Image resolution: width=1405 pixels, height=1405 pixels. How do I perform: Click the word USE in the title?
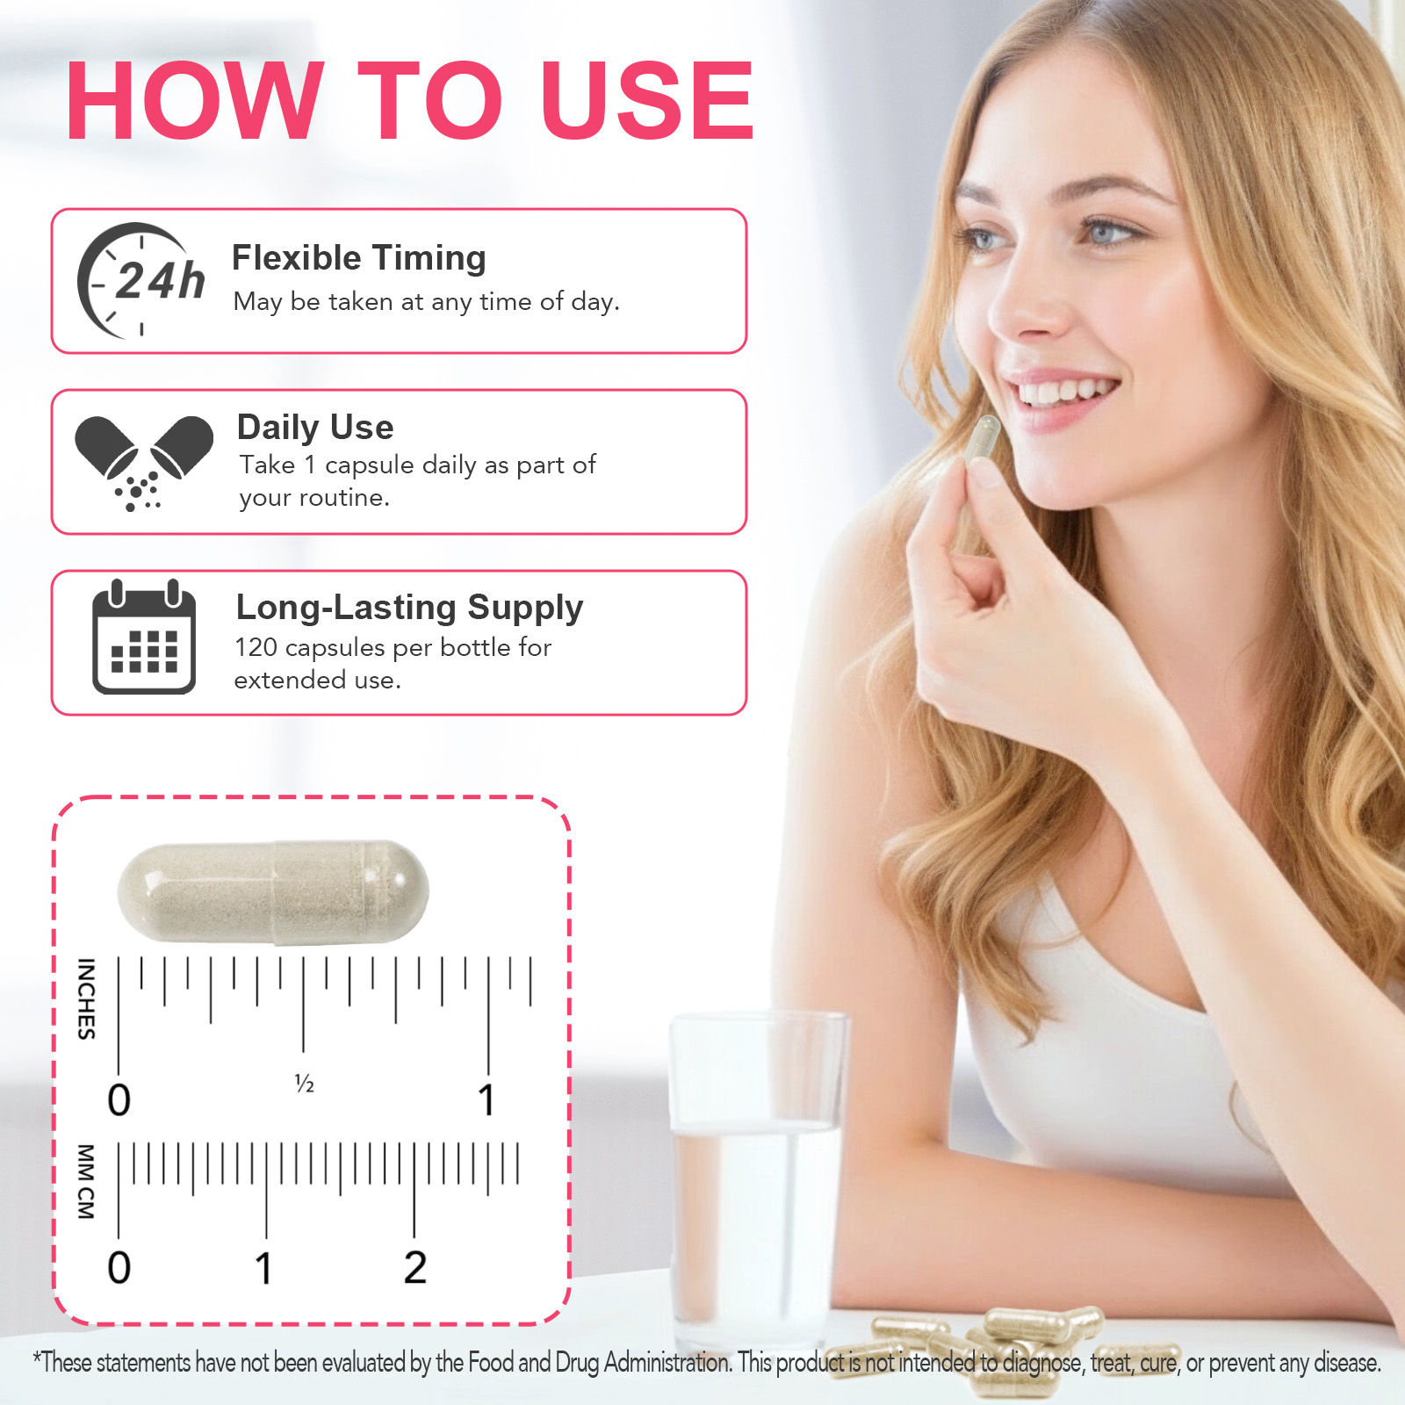(x=647, y=101)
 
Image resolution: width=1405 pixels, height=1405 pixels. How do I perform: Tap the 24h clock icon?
(x=140, y=281)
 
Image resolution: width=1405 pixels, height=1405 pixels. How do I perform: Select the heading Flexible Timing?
(x=358, y=258)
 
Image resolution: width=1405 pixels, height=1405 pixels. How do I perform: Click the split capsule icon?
(x=143, y=460)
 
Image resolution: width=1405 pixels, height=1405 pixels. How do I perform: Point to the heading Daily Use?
(x=315, y=428)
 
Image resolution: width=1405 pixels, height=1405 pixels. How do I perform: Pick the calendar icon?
(x=144, y=638)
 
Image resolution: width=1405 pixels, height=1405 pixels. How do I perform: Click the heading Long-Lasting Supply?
(x=409, y=608)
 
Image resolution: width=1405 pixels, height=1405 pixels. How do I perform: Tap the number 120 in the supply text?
(x=256, y=648)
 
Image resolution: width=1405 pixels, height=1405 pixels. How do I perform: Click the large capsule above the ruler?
(x=273, y=892)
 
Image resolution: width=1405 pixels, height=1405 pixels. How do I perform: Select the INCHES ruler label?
(x=86, y=998)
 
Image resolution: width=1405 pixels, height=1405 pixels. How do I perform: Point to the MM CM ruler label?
(x=85, y=1181)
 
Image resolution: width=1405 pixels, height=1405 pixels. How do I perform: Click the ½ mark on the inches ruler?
(x=304, y=1084)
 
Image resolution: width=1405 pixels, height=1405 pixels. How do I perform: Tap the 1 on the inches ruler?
(x=486, y=1100)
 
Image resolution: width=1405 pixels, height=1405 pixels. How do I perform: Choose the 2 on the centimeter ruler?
(x=415, y=1268)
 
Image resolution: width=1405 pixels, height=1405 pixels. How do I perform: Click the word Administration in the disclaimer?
(x=667, y=1363)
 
